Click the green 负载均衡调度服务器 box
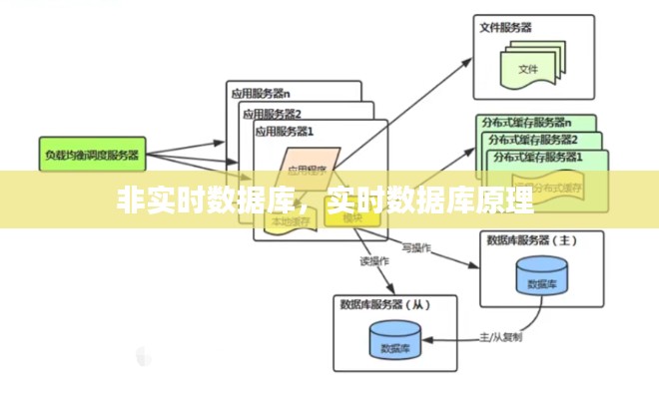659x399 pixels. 92,155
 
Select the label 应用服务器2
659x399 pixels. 272,113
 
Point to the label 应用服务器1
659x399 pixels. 285,131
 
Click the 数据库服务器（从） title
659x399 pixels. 385,304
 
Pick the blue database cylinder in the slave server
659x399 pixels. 394,342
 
